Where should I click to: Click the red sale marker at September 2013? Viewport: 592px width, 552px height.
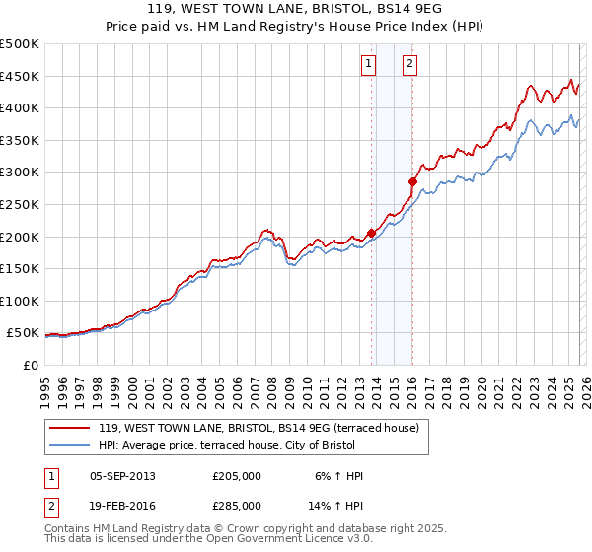click(x=371, y=233)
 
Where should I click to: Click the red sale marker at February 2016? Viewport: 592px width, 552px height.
click(x=412, y=181)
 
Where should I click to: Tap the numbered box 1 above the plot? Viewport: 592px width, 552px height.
click(x=368, y=65)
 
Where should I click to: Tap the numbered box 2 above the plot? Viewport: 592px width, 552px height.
click(x=409, y=65)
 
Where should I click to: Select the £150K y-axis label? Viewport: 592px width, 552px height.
click(x=20, y=268)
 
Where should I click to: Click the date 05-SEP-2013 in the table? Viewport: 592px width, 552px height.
click(x=122, y=476)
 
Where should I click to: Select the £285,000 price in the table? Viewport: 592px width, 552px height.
click(x=237, y=504)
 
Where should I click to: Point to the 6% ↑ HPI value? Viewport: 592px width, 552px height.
click(x=337, y=476)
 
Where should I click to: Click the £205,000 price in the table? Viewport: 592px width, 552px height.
click(x=237, y=476)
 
